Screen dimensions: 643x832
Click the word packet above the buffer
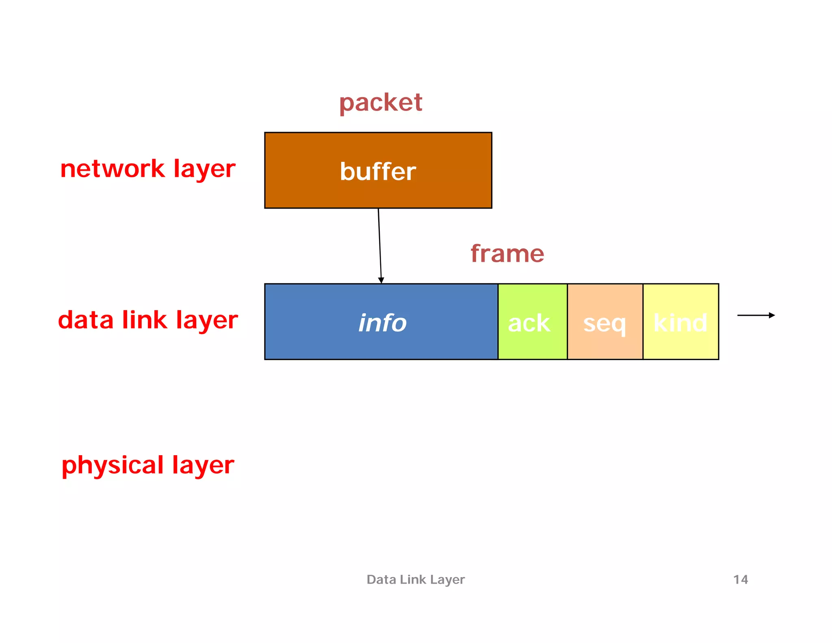point(381,102)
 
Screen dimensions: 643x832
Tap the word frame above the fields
point(507,254)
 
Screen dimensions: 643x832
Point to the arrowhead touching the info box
point(381,280)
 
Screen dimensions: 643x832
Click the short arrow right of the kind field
point(756,315)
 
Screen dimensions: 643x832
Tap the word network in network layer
point(112,169)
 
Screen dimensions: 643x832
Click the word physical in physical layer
point(113,465)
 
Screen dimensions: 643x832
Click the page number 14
point(740,579)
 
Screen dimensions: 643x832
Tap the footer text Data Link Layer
point(415,579)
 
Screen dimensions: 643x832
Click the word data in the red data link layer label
point(86,320)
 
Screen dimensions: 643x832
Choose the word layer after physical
point(203,465)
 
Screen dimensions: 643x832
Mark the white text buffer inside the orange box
point(378,171)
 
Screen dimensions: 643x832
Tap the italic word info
point(382,323)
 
